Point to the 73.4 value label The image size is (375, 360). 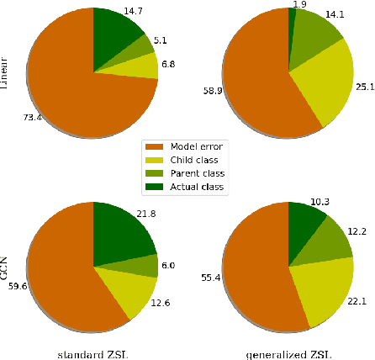click(x=31, y=117)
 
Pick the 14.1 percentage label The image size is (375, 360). click(x=347, y=13)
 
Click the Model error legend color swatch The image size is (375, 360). click(x=155, y=146)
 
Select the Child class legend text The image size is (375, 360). click(x=193, y=160)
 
